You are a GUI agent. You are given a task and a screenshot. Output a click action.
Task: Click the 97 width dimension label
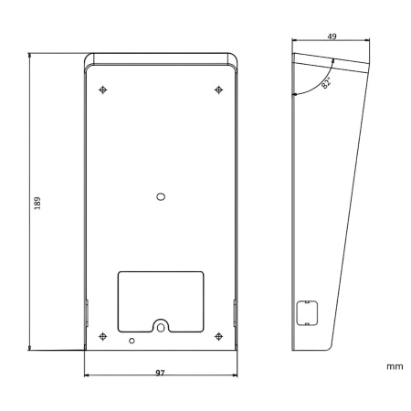160,373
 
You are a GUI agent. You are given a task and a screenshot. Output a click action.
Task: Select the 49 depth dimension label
332,37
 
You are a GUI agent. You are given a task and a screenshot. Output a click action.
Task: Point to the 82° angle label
326,82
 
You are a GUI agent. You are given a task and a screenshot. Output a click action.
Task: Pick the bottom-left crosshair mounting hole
103,336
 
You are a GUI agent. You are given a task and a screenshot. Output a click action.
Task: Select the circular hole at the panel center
161,196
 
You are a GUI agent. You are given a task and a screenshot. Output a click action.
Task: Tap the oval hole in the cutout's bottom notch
161,325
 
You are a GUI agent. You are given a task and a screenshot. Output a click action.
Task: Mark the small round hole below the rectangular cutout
132,341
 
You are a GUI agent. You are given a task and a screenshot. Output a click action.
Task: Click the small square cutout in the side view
306,312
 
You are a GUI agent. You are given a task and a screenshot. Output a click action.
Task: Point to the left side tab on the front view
86,314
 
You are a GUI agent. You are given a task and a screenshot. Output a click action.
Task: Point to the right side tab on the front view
235,314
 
